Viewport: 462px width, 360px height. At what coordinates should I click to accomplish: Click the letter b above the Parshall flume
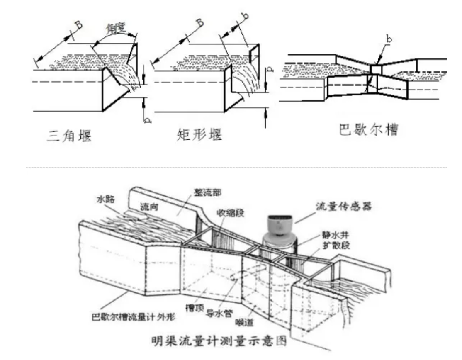point(388,39)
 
